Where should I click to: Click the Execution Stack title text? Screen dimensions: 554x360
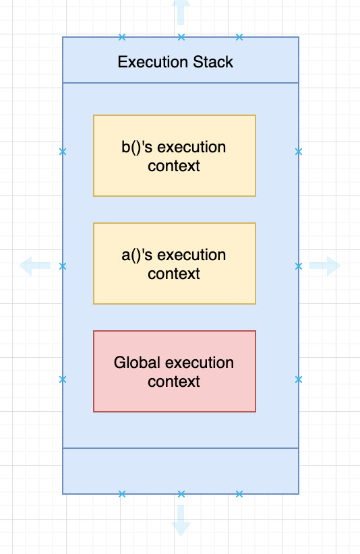tap(175, 62)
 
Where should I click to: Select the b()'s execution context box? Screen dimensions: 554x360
tap(174, 156)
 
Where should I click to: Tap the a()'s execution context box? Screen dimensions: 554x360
tap(174, 264)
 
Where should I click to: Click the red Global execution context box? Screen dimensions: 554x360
tap(174, 371)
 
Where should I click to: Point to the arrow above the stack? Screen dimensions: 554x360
tap(181, 11)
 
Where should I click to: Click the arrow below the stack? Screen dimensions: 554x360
tap(181, 521)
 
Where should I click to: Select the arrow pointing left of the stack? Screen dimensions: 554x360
tap(34, 266)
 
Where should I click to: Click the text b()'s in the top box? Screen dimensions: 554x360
tap(137, 147)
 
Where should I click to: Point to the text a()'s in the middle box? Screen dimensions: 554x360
tap(137, 255)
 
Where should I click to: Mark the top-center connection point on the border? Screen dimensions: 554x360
tap(181, 37)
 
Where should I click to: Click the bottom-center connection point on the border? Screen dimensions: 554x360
tap(181, 494)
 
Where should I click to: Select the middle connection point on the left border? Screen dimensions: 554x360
tap(63, 266)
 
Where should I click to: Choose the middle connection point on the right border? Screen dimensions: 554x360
tap(298, 266)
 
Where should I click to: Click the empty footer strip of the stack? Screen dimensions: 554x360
tap(181, 470)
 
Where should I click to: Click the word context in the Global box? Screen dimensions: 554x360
tap(174, 381)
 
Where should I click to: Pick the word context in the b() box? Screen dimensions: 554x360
tap(174, 166)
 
